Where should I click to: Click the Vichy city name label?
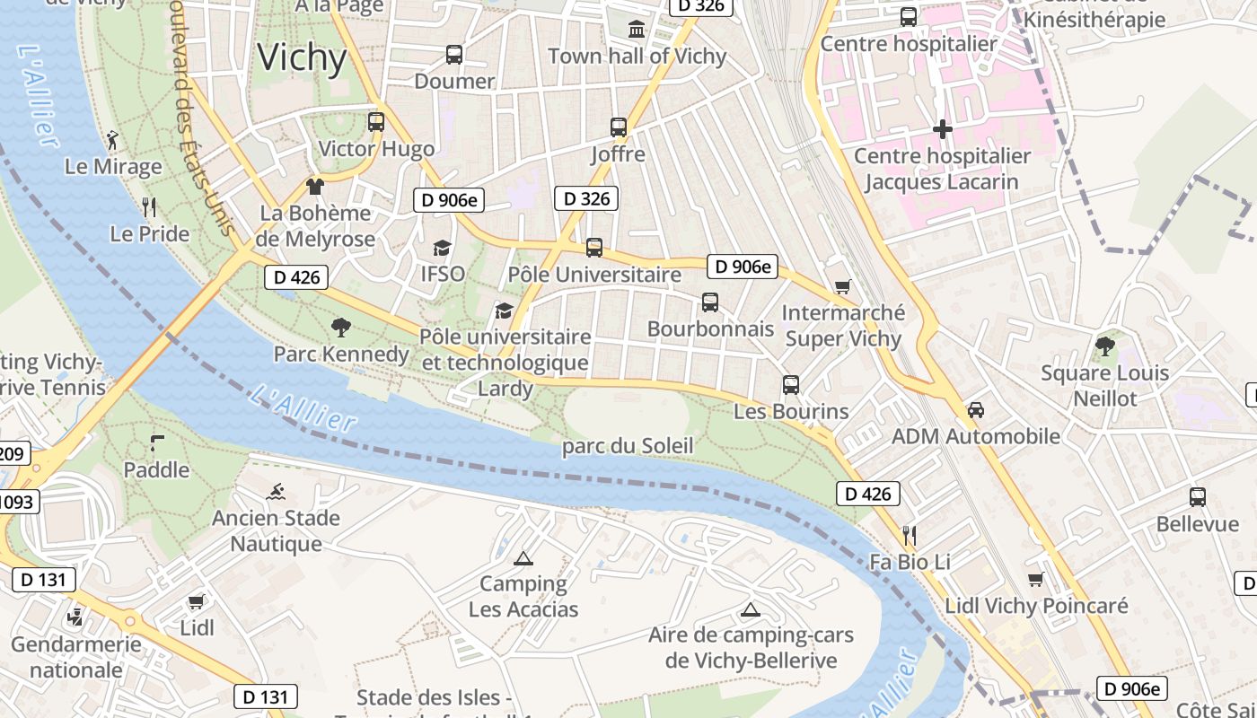click(x=302, y=57)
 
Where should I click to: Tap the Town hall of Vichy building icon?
click(x=637, y=29)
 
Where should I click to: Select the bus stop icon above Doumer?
click(x=454, y=55)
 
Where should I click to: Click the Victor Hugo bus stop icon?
click(x=376, y=122)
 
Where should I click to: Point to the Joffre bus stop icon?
click(x=618, y=127)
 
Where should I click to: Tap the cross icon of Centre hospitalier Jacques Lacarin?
click(x=942, y=129)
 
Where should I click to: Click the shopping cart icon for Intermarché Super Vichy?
click(x=842, y=287)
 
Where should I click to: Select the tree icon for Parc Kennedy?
click(x=340, y=328)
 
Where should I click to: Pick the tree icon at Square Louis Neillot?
click(x=1104, y=346)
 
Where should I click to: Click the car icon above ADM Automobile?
click(x=975, y=410)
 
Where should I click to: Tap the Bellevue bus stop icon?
click(x=1197, y=497)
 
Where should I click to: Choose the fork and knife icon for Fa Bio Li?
click(x=909, y=536)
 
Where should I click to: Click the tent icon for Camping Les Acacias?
click(x=523, y=558)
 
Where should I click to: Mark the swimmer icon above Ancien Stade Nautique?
click(x=276, y=492)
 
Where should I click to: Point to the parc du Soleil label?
click(x=628, y=446)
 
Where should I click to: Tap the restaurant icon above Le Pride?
click(x=149, y=207)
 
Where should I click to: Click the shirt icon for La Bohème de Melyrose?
click(x=314, y=187)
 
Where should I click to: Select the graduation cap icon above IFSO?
click(x=442, y=248)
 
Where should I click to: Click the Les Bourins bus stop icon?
click(x=790, y=385)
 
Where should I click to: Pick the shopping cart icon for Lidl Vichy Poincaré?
click(x=1035, y=580)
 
